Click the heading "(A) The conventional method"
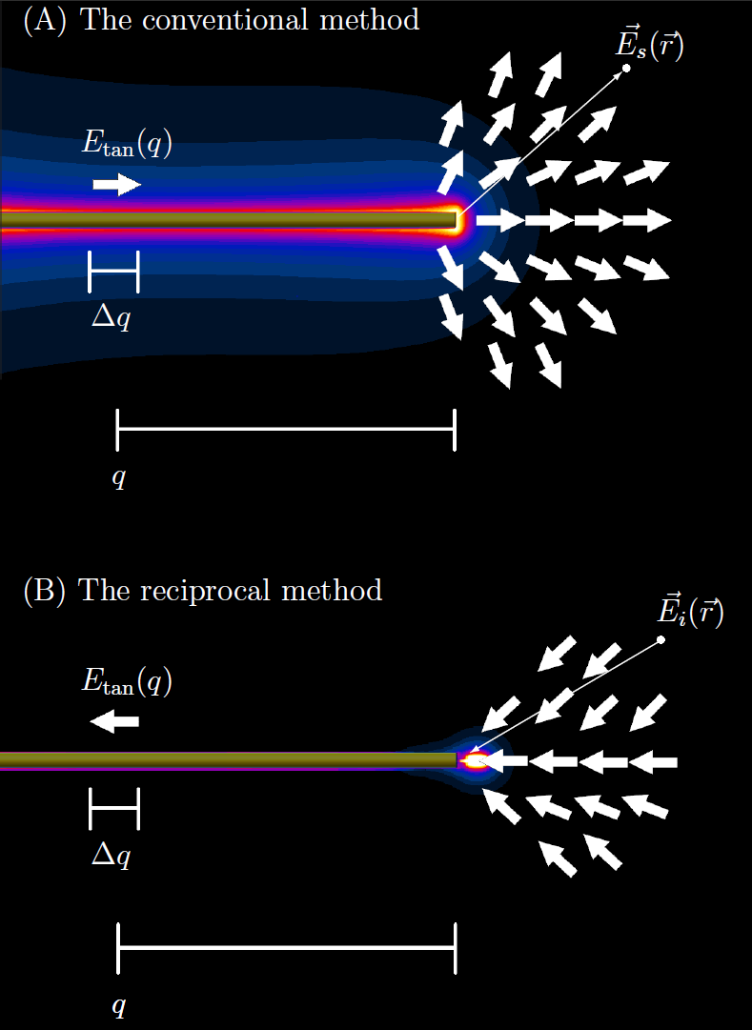[x=221, y=20]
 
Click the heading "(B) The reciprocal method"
[x=202, y=590]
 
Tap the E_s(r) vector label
[x=650, y=44]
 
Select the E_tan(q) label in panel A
[x=127, y=146]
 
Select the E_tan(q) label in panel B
[x=127, y=680]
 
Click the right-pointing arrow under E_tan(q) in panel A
[x=116, y=184]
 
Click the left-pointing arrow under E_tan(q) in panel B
[x=114, y=722]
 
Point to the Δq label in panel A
[x=111, y=318]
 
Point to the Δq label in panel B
[x=111, y=856]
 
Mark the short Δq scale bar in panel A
[x=113, y=273]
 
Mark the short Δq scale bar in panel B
[x=113, y=809]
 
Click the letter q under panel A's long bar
[x=118, y=478]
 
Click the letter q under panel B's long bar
[x=118, y=1006]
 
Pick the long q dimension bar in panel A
[x=286, y=429]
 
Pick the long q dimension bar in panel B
[x=286, y=948]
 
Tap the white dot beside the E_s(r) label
[x=626, y=68]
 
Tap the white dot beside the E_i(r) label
[x=661, y=638]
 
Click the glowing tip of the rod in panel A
[x=457, y=220]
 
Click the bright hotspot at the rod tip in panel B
[x=474, y=760]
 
